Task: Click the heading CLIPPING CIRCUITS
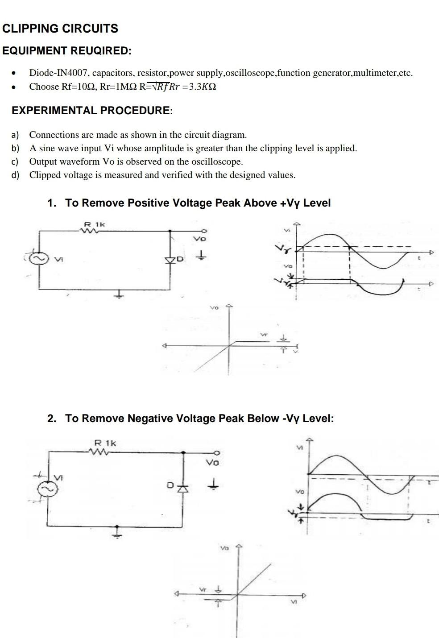[x=60, y=29]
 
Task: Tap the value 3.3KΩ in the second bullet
[x=203, y=87]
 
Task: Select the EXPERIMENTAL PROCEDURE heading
[x=92, y=111]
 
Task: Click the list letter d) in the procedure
[x=16, y=175]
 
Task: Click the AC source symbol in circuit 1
[x=38, y=258]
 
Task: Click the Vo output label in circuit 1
[x=199, y=239]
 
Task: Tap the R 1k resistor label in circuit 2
[x=105, y=443]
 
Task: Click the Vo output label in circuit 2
[x=212, y=463]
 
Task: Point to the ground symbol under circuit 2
[x=117, y=532]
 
